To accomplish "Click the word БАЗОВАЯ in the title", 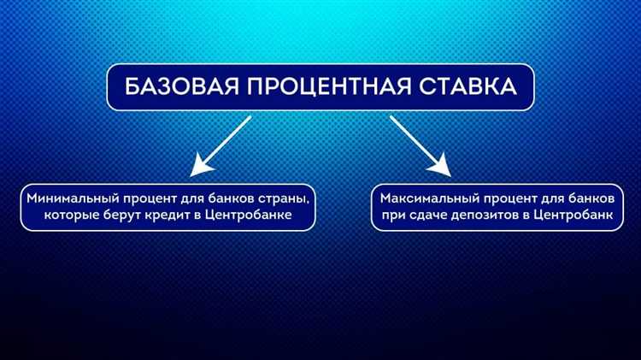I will point(180,89).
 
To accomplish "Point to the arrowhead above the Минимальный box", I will point(199,166).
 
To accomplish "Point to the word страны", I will point(284,198).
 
